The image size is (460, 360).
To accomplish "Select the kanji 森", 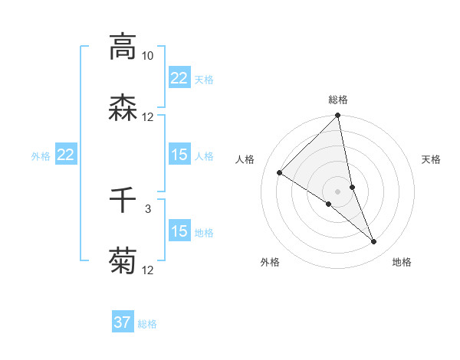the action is [x=123, y=108].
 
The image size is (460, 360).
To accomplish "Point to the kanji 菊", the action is [x=123, y=262].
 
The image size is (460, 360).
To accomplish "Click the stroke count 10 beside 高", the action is [x=148, y=56].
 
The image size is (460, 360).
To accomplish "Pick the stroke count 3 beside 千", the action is [x=148, y=208].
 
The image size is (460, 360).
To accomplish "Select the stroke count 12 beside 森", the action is [x=148, y=117].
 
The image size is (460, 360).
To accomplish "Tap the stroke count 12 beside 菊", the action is [x=148, y=270].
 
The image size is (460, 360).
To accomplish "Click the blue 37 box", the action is [x=123, y=322].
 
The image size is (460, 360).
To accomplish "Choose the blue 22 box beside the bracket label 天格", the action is [x=179, y=78].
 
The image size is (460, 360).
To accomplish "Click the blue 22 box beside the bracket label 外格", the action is [x=66, y=155].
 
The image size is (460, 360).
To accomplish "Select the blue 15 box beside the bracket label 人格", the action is [x=179, y=155].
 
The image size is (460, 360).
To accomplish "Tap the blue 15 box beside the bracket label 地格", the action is [x=179, y=231].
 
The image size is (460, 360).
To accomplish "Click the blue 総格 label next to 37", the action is [x=148, y=324].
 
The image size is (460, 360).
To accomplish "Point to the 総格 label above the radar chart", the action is [x=338, y=100].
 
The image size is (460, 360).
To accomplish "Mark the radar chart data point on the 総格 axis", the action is [x=338, y=116].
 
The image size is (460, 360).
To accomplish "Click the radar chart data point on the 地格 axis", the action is [x=373, y=242].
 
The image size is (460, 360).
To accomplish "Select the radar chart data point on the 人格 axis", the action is [x=280, y=173].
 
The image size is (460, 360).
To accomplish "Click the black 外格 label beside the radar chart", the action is [x=270, y=262].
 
